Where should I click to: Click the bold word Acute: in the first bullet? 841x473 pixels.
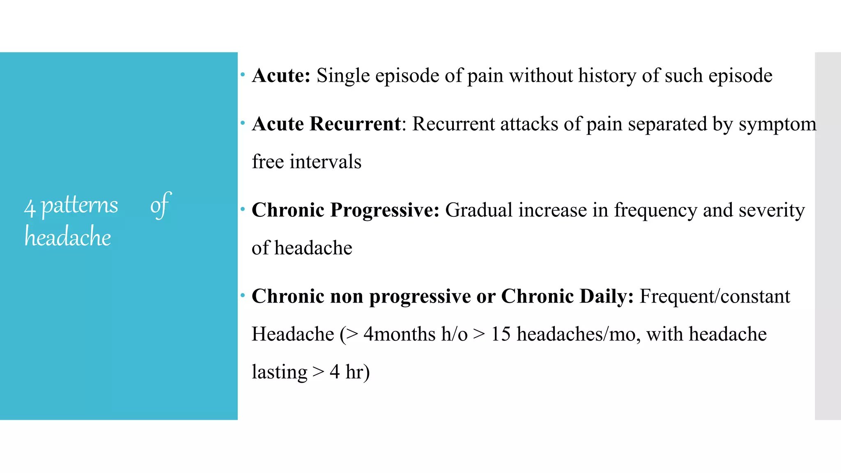pyautogui.click(x=281, y=76)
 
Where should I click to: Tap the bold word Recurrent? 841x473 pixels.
pyautogui.click(x=355, y=124)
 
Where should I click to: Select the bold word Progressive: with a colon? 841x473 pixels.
pyautogui.click(x=385, y=210)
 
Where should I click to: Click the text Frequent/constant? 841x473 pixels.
pyautogui.click(x=715, y=296)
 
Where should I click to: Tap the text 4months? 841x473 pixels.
pyautogui.click(x=399, y=334)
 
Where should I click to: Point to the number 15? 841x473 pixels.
pyautogui.click(x=501, y=334)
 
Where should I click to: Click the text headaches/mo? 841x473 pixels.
pyautogui.click(x=579, y=334)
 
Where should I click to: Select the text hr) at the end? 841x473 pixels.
pyautogui.click(x=357, y=372)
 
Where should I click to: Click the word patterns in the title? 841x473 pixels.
pyautogui.click(x=80, y=205)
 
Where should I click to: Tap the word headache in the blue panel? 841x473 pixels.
pyautogui.click(x=68, y=237)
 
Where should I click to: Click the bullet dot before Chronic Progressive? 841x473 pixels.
pyautogui.click(x=243, y=209)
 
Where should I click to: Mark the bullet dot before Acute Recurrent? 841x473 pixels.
pyautogui.click(x=243, y=123)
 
